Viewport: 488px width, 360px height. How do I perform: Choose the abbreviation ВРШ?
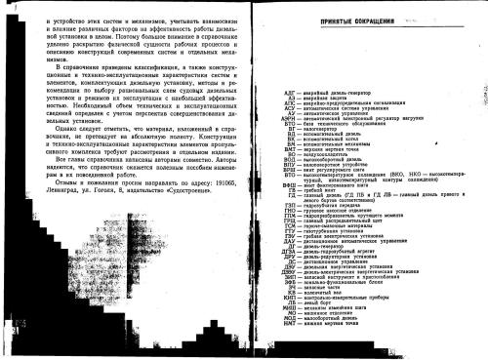point(291,192)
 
